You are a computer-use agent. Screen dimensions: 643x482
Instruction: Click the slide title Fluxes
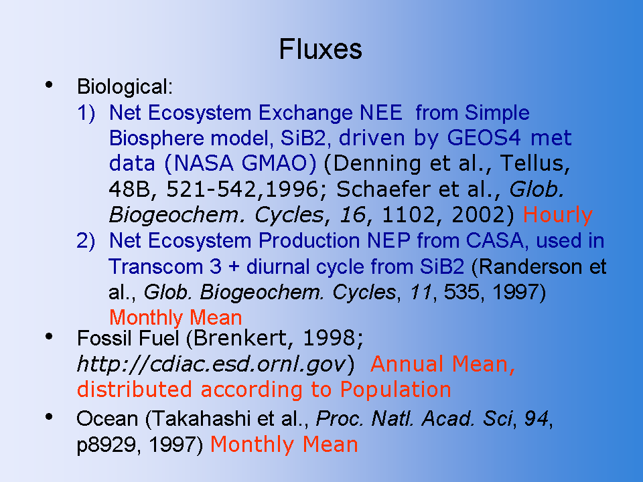click(x=320, y=49)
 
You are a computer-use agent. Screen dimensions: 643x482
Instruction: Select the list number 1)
click(x=86, y=112)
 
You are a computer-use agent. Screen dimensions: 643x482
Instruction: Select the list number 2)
click(x=86, y=240)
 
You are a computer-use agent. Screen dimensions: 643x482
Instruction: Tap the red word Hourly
click(x=558, y=215)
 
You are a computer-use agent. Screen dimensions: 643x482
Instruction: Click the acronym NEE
click(x=381, y=112)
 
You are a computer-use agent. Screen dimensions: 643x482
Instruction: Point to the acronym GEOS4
click(x=484, y=138)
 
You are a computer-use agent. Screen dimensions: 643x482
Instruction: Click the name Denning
click(x=377, y=163)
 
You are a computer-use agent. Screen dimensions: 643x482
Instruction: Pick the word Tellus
click(x=534, y=163)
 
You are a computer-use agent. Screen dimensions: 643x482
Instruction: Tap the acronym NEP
click(x=388, y=240)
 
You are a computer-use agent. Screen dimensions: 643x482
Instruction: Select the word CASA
click(x=494, y=240)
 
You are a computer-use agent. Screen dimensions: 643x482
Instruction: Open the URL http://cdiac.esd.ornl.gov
click(x=212, y=364)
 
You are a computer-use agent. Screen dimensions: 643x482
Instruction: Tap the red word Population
click(x=396, y=390)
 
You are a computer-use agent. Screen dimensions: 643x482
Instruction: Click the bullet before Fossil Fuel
click(x=49, y=337)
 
